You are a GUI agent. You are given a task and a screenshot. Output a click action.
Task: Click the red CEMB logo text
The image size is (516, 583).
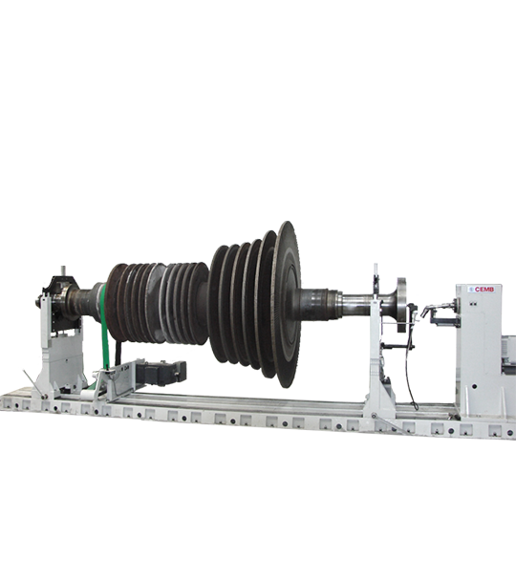coord(484,289)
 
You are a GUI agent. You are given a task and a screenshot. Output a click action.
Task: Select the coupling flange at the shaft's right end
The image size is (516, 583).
coord(401,305)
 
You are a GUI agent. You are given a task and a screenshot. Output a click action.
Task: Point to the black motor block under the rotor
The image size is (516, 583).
coord(161,372)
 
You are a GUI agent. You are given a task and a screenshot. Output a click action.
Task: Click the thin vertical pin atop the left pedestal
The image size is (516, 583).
coord(63,270)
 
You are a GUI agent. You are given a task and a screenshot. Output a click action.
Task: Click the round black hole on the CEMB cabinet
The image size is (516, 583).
coord(474,387)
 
